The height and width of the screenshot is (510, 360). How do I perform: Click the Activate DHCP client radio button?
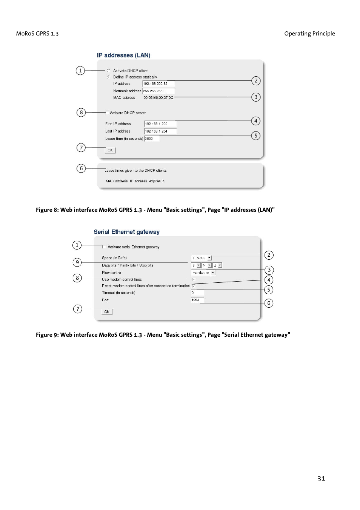108,71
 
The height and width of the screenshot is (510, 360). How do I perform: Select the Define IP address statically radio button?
108,77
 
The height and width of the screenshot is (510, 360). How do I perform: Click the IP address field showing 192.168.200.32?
158,84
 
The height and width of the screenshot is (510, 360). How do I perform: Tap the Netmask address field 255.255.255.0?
158,91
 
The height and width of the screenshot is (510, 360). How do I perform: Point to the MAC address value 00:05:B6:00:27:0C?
158,97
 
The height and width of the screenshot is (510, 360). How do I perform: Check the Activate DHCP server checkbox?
107,112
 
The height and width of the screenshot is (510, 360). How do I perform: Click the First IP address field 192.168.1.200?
160,124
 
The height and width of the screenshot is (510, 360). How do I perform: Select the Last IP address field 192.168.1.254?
160,131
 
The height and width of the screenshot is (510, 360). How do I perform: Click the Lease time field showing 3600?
152,139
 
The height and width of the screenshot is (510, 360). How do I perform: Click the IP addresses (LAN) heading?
123,55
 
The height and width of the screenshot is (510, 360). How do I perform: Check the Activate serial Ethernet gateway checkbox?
104,247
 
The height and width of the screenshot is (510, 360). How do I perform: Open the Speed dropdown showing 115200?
201,258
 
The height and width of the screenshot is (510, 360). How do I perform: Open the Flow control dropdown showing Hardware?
203,273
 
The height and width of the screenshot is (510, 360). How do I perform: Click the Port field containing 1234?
197,300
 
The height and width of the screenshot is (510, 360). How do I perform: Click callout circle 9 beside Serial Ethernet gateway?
77,262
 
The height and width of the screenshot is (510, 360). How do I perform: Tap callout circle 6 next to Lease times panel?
81,168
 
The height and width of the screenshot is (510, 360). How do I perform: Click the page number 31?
321,478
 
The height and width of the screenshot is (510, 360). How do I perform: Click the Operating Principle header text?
309,34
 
